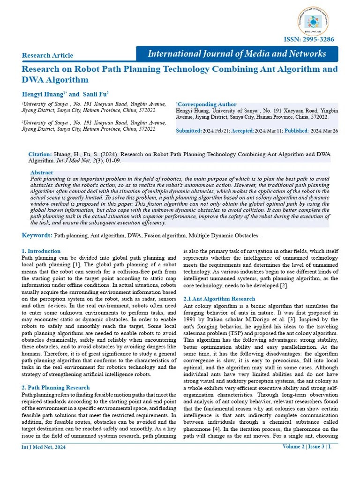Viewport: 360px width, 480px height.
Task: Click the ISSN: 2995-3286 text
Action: [310, 39]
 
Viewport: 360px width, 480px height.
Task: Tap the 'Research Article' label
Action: [47, 55]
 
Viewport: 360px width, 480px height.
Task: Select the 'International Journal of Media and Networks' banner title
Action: [237, 53]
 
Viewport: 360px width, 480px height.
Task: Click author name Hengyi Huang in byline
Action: [43, 94]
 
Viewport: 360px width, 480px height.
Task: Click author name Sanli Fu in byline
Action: [95, 94]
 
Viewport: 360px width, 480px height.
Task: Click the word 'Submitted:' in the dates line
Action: [189, 131]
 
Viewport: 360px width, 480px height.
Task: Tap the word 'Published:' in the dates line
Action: [296, 131]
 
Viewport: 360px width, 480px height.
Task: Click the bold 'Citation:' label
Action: [40, 154]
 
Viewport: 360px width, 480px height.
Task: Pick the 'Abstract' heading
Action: [41, 172]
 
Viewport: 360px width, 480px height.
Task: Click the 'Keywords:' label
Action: [37, 235]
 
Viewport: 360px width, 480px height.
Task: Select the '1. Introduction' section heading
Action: [41, 251]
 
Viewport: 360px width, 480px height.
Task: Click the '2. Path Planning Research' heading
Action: [56, 387]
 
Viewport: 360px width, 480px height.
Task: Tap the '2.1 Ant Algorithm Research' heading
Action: [219, 299]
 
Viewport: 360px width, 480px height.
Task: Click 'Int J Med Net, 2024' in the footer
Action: [44, 447]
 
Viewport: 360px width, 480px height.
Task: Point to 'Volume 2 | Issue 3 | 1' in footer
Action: [306, 447]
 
